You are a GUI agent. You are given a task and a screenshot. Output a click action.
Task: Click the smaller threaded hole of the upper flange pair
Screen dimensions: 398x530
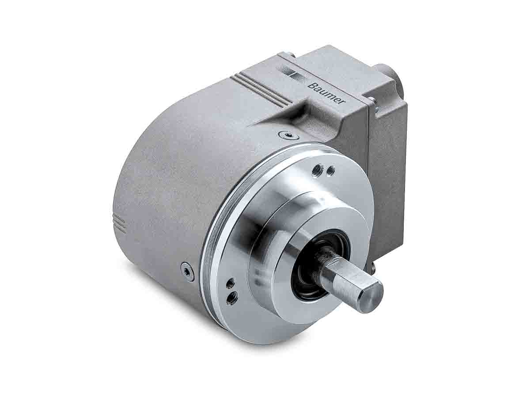[x=329, y=170]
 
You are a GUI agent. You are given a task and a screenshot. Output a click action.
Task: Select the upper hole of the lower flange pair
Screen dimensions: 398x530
[x=229, y=283]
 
